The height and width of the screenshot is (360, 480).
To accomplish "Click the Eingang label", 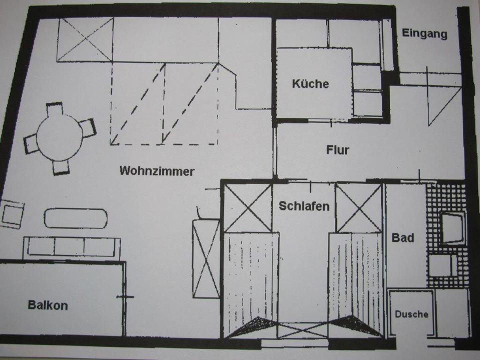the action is [x=424, y=34].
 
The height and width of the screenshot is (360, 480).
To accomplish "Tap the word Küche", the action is [x=310, y=83].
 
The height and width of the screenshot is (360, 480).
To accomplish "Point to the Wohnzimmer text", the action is [x=156, y=171].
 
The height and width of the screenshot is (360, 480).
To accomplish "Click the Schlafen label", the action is [x=304, y=206].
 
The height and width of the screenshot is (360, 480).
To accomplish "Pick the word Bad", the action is [x=403, y=237].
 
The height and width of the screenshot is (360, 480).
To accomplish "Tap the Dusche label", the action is [x=411, y=314].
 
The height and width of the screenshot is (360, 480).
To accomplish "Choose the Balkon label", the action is [x=47, y=305].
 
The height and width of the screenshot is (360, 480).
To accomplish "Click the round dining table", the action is [x=59, y=138].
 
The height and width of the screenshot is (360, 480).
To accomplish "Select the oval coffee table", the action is [x=75, y=218].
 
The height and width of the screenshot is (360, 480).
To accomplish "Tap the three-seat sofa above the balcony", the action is [x=71, y=247].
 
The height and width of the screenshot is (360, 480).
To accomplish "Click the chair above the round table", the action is [x=54, y=109].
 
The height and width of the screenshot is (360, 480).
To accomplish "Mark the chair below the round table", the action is [x=61, y=167].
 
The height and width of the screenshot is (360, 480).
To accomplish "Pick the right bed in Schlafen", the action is [x=355, y=280].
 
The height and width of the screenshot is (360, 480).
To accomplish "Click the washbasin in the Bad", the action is [x=452, y=227].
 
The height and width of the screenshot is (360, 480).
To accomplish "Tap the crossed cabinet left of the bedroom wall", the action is [x=206, y=258].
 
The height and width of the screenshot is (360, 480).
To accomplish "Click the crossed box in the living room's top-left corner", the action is [x=85, y=40].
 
